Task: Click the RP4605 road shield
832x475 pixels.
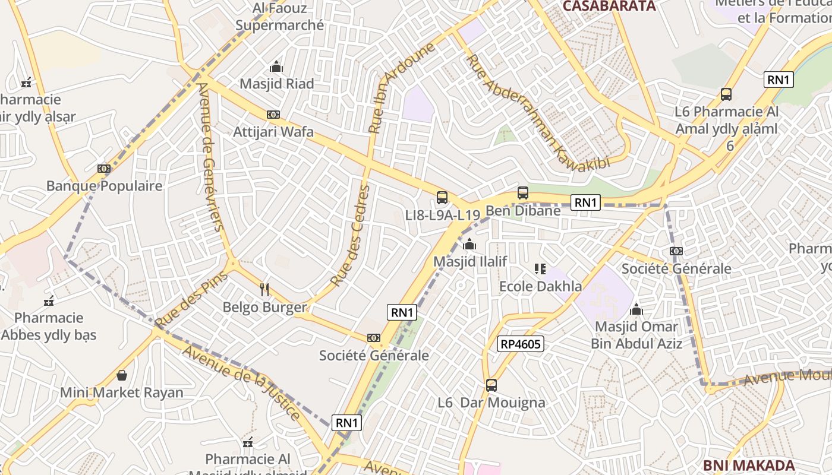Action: tap(521, 344)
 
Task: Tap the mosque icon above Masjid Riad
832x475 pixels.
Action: tap(276, 66)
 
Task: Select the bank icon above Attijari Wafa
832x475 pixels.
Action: tap(273, 115)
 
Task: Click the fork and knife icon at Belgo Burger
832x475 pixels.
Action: tap(265, 290)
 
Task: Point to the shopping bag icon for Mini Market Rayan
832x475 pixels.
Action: tap(122, 375)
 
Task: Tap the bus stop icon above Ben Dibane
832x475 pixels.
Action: tap(523, 193)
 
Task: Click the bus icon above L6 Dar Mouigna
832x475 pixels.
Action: tap(491, 385)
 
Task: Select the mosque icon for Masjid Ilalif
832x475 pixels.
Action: tap(469, 244)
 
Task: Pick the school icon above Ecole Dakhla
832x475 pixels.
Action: tap(540, 269)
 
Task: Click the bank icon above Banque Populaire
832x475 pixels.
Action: tap(104, 169)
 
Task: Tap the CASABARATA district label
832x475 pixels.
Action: tap(609, 6)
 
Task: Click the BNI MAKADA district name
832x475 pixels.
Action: tap(749, 465)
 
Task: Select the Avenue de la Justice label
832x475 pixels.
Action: tap(242, 383)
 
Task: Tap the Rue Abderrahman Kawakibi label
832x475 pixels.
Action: tap(537, 112)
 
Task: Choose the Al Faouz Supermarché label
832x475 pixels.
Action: tap(280, 17)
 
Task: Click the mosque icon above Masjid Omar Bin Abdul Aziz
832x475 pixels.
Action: tap(636, 309)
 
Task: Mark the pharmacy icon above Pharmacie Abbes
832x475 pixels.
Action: tap(49, 301)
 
